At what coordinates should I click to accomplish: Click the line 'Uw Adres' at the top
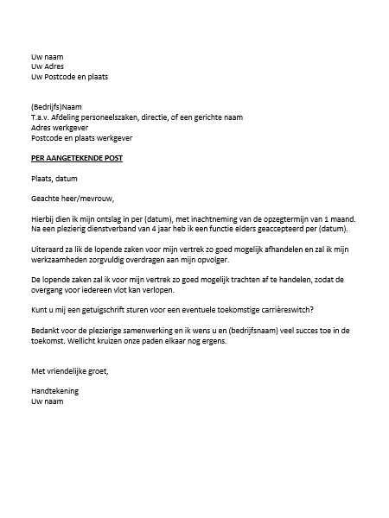click(x=48, y=66)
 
